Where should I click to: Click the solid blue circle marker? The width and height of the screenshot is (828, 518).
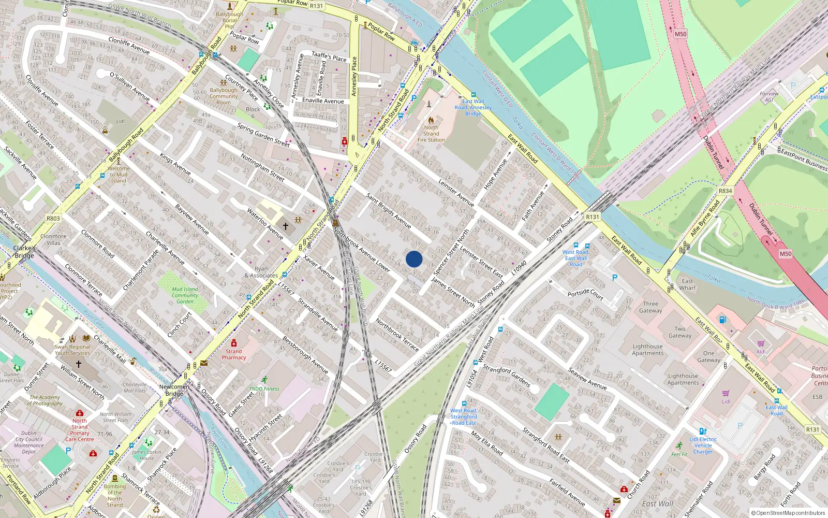click(414, 259)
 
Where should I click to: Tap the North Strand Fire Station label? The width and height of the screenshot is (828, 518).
click(431, 134)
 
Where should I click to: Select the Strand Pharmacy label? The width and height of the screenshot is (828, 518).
click(234, 354)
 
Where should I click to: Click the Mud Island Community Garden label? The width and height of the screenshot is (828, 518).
click(185, 295)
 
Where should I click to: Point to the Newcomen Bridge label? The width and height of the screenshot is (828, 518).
click(174, 390)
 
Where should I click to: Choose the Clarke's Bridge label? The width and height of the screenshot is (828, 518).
click(24, 252)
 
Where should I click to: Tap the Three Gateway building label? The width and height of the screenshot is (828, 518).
click(650, 307)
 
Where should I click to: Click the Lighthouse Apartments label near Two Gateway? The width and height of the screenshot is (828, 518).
click(647, 350)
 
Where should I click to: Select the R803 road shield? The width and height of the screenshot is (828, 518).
click(53, 219)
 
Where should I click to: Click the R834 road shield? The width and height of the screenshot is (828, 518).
click(726, 191)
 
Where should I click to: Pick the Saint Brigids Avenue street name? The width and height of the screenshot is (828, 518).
click(388, 211)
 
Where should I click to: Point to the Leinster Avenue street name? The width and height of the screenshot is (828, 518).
click(456, 192)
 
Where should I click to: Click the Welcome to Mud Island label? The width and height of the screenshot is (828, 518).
click(119, 175)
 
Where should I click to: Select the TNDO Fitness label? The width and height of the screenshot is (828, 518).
click(264, 388)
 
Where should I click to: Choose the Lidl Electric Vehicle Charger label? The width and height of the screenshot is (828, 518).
click(703, 445)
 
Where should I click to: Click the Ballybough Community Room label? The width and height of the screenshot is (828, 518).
click(224, 96)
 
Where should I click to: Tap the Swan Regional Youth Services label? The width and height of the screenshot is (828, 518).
click(72, 350)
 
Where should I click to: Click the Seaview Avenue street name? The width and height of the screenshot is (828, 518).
click(587, 379)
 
